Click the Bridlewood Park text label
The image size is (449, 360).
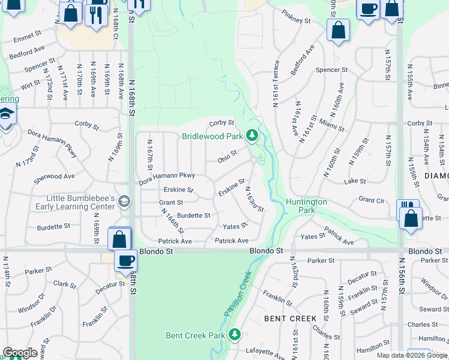[x=214, y=136]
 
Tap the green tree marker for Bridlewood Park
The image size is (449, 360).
[x=253, y=134]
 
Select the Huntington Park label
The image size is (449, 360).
[x=306, y=206]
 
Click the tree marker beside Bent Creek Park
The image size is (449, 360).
[x=237, y=334]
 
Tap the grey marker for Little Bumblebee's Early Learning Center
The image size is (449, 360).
[x=124, y=200]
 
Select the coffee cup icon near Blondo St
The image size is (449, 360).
[x=126, y=261]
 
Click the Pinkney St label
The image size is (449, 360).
[x=298, y=20]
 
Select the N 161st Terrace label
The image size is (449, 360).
[x=277, y=83]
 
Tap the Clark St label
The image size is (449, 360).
[x=64, y=284]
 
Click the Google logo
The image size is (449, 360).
[x=20, y=353]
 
